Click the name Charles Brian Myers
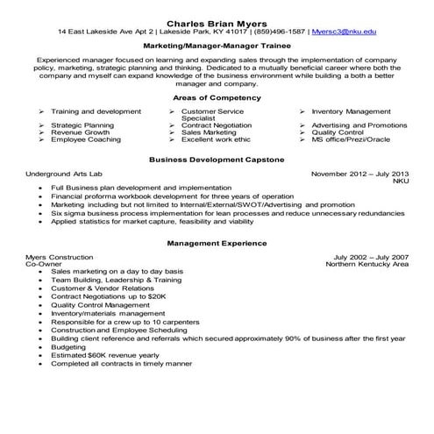point(217,21)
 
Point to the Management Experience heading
point(217,242)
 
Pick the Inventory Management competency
point(351,112)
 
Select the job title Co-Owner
point(44,263)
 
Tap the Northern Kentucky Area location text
point(366,263)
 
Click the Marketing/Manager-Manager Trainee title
point(217,43)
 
